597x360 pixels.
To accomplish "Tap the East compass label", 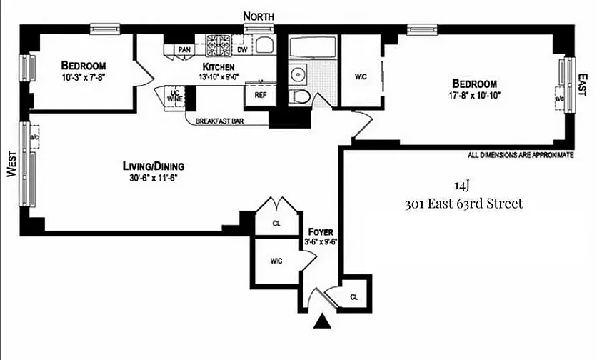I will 583,86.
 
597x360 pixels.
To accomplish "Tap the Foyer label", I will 321,232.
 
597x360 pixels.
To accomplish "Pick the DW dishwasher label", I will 242,49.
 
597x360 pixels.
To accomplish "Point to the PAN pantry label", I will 184,49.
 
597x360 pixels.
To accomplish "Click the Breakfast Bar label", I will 219,121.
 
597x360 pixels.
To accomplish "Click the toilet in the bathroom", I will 301,96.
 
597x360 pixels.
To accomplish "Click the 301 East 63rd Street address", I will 463,204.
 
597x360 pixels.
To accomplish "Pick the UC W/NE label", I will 174,95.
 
